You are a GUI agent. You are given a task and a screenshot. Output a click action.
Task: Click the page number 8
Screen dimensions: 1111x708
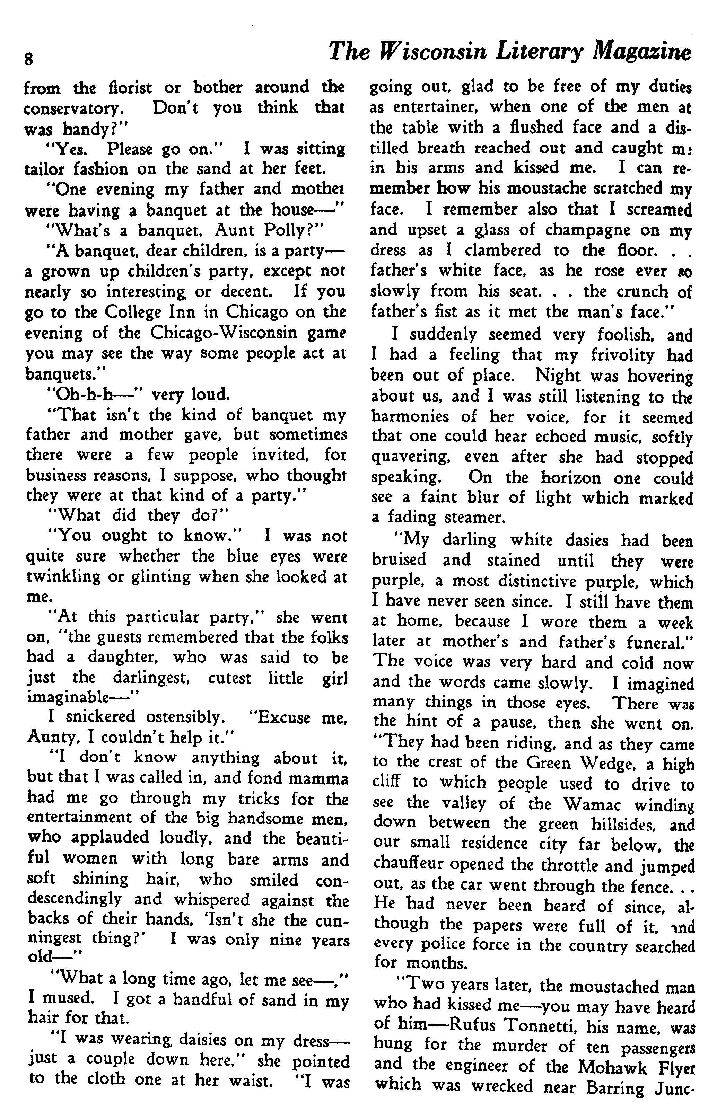[29, 60]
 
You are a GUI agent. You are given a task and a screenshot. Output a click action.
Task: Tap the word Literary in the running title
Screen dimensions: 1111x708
[539, 52]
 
